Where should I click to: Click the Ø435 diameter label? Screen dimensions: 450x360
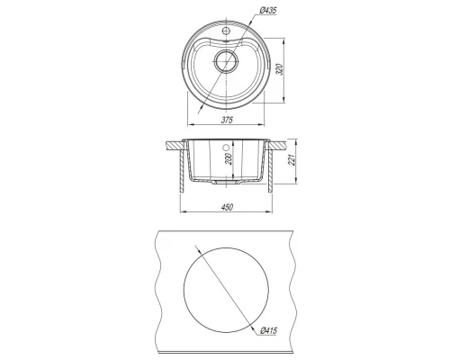coord(267,11)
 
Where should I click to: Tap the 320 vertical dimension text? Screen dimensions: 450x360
coord(280,69)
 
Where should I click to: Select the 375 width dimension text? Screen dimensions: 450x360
coord(227,120)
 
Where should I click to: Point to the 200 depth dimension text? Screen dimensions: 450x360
coord(229,158)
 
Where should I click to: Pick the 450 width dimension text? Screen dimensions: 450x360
coord(227,207)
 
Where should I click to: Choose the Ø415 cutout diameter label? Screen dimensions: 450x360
coord(269,330)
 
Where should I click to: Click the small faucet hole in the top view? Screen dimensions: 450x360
coord(226,31)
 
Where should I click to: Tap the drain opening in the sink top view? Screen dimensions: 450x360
coord(226,61)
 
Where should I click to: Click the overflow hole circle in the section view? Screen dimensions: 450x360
coord(226,148)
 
